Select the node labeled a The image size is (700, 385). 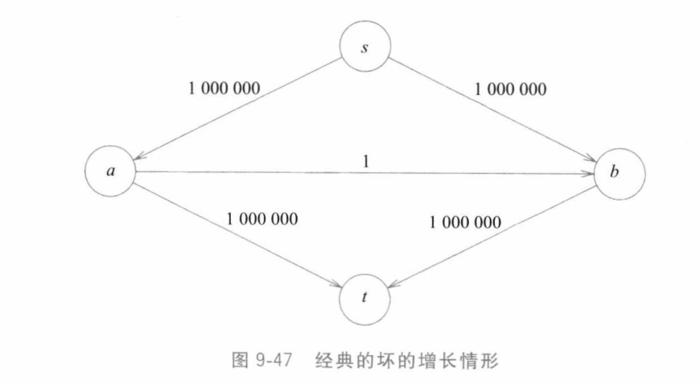109,172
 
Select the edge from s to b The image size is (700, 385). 492,112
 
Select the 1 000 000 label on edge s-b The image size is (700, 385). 509,89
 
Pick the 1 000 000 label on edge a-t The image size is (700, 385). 262,218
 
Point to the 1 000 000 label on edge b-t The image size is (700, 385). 466,221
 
